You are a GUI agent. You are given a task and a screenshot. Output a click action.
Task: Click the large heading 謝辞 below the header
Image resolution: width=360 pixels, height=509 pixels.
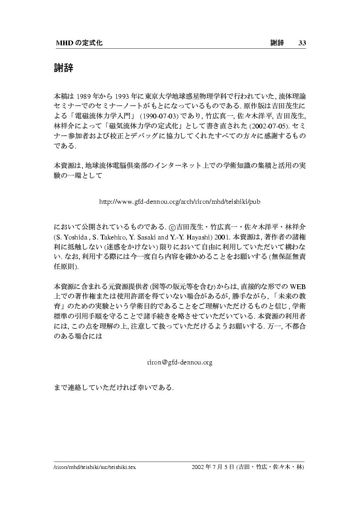tap(63, 68)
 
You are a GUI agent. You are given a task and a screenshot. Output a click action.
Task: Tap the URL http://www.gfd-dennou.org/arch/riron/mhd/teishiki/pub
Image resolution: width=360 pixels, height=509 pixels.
tap(180, 202)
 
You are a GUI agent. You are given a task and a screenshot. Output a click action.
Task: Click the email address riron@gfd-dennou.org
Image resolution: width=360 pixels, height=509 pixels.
tap(180, 362)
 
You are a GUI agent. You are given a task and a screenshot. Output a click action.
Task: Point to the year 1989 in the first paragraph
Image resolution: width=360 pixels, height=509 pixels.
tap(85, 97)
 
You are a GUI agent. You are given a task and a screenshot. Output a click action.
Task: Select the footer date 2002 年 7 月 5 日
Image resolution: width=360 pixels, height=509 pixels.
tap(213, 467)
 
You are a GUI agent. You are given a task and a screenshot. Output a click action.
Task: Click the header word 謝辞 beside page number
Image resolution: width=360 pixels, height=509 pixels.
tap(277, 43)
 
